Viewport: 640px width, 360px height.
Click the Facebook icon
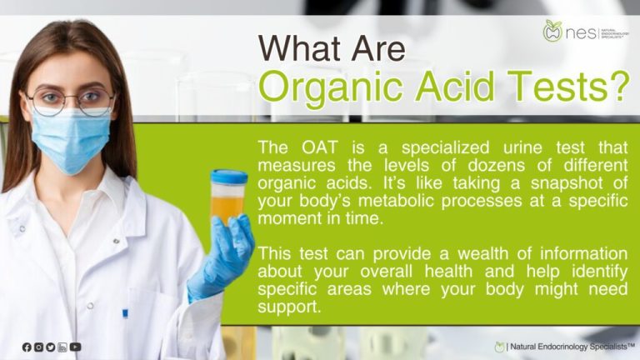pyautogui.click(x=27, y=347)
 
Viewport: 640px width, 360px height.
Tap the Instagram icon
pyautogui.click(x=38, y=347)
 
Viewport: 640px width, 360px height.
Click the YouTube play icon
pyautogui.click(x=76, y=347)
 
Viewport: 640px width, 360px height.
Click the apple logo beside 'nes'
pyautogui.click(x=552, y=32)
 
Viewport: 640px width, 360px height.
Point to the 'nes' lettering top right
pyautogui.click(x=580, y=34)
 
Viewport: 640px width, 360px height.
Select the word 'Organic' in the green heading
pyautogui.click(x=337, y=86)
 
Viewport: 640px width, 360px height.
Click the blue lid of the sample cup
pyautogui.click(x=227, y=176)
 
